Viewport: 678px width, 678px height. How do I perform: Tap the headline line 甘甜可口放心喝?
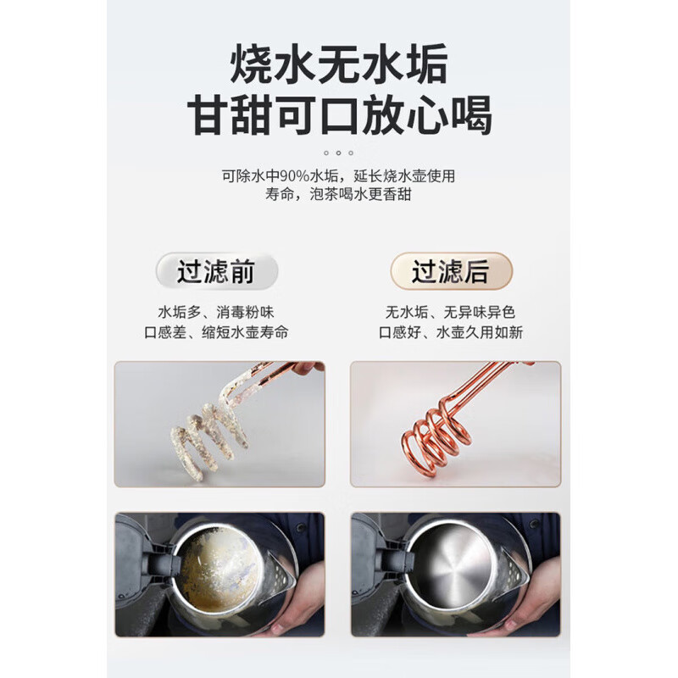coord(339,116)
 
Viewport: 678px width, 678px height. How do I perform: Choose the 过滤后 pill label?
coord(450,271)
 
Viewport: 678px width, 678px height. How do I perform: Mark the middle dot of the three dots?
coord(339,153)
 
